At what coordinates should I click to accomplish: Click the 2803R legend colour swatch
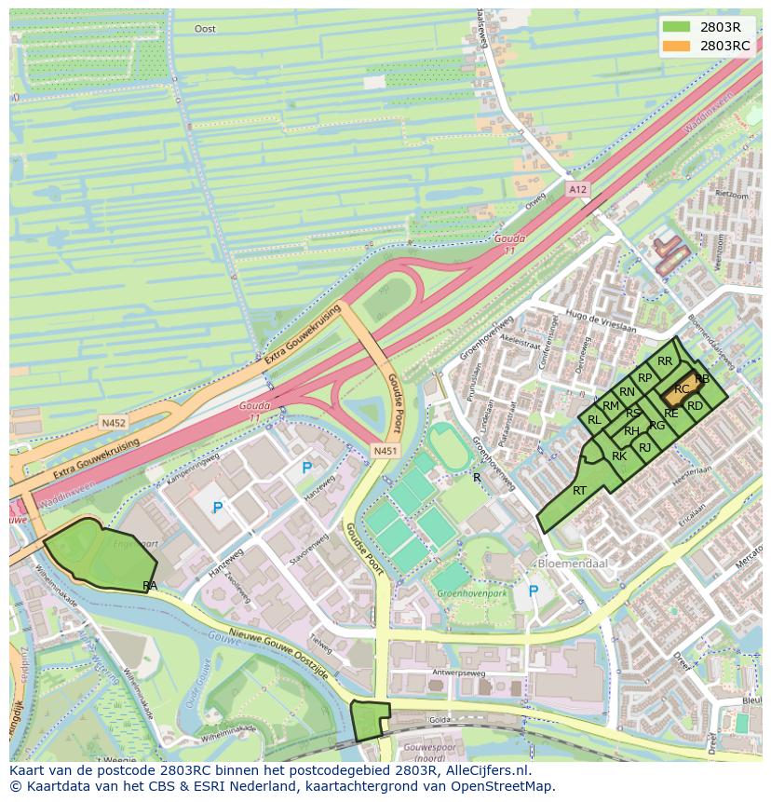(677, 27)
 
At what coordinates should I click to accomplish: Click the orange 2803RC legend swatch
(677, 46)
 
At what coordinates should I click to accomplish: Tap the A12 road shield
(578, 189)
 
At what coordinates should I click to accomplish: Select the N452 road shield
(114, 422)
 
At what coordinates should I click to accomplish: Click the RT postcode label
(579, 490)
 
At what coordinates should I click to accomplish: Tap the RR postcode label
(665, 361)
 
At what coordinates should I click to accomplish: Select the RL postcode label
(594, 420)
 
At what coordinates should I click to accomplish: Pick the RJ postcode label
(645, 448)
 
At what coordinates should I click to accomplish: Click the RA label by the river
(150, 585)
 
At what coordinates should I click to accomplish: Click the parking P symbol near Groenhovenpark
(534, 591)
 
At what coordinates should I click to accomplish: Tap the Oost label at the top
(205, 29)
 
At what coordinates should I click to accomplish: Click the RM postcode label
(611, 405)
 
